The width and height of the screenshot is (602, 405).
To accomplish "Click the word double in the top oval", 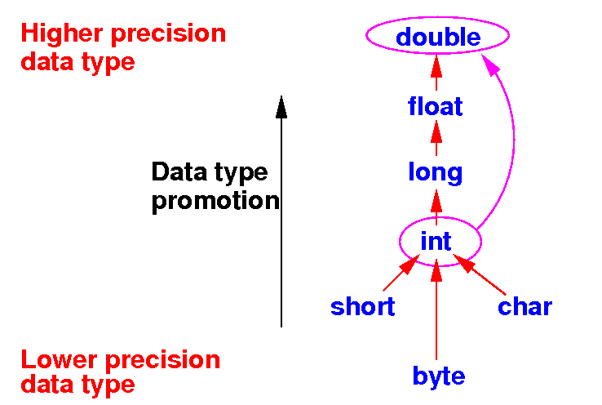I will [438, 37].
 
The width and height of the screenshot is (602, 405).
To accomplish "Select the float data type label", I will [436, 106].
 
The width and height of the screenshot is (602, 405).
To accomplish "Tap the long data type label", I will [435, 172].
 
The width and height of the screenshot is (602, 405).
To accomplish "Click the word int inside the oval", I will [436, 241].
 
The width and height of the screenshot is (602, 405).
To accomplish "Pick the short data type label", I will [362, 307].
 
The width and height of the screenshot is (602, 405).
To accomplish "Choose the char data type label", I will [525, 307].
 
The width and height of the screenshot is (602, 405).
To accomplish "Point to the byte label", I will [438, 376].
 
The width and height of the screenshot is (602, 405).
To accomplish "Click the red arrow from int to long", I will [436, 205].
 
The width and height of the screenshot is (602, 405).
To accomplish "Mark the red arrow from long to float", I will [436, 139].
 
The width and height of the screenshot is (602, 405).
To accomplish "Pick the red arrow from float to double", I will [436, 72].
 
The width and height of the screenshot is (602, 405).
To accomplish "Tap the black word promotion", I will [215, 201].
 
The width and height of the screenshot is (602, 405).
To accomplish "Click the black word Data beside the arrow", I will [179, 172].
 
